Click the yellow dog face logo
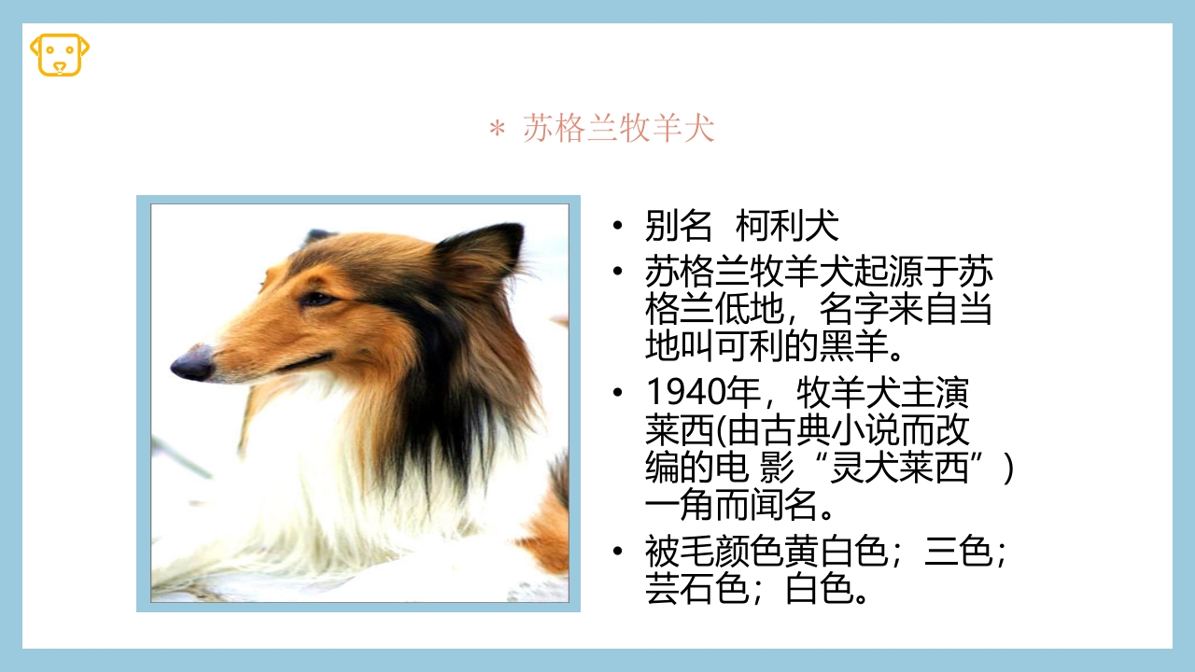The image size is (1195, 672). click(x=60, y=54)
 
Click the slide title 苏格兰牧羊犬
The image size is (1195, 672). click(x=618, y=129)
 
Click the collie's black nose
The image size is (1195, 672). click(x=192, y=363)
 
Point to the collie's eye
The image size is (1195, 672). click(x=316, y=299)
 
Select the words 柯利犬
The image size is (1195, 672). click(x=788, y=226)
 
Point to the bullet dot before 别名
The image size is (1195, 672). click(x=617, y=226)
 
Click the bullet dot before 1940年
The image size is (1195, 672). click(x=617, y=393)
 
